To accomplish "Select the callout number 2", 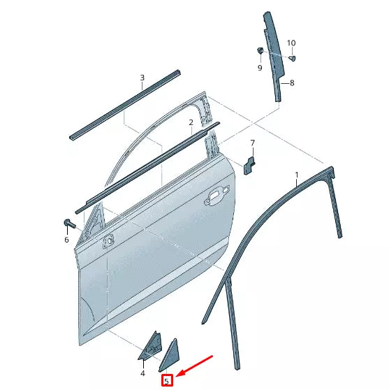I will click(x=191, y=122).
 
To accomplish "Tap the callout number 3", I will click(x=142, y=78).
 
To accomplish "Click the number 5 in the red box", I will click(x=167, y=380).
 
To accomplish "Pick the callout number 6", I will click(x=67, y=240).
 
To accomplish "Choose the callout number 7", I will click(x=253, y=144).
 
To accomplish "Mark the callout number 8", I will click(x=292, y=83).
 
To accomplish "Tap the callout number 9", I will click(x=259, y=68).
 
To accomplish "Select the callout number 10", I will click(x=292, y=43).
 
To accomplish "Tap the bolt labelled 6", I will click(x=68, y=224).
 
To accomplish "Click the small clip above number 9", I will click(x=259, y=51).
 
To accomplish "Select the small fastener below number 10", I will click(x=292, y=57).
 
